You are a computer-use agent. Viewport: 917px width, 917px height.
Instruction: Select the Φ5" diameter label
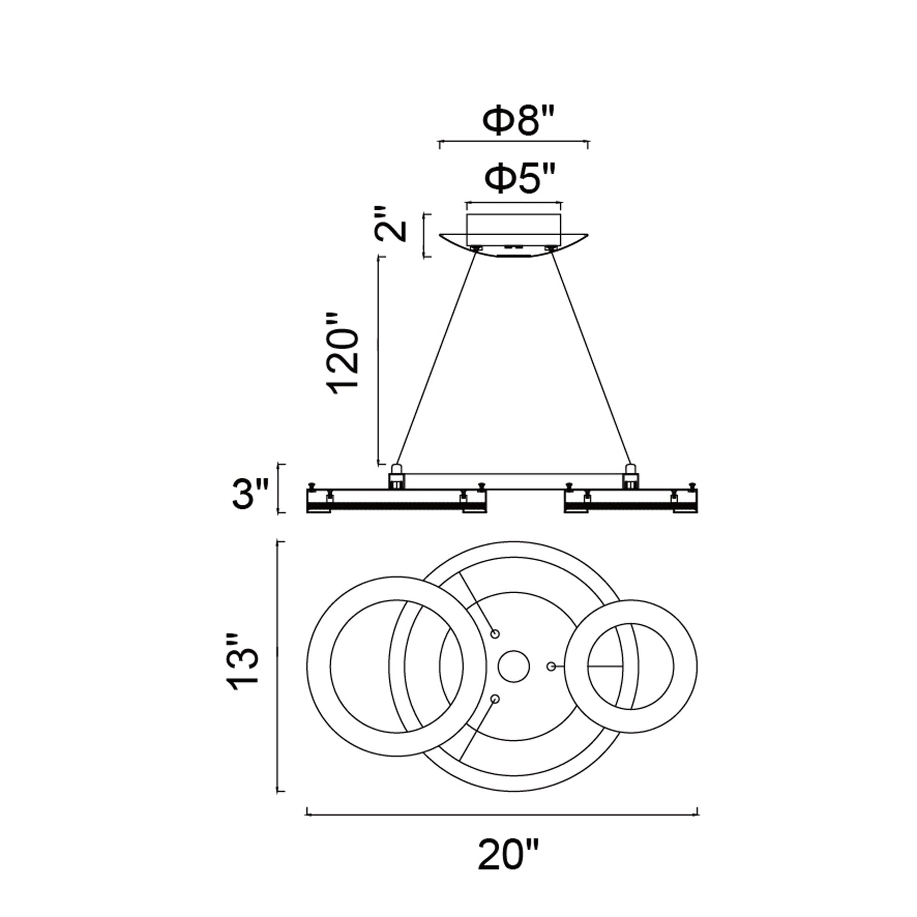pos(520,178)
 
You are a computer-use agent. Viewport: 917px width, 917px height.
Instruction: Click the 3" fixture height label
pos(251,494)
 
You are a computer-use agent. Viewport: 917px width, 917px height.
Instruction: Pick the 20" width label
pos(509,868)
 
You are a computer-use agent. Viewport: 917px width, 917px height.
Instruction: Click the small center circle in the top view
pos(514,666)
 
